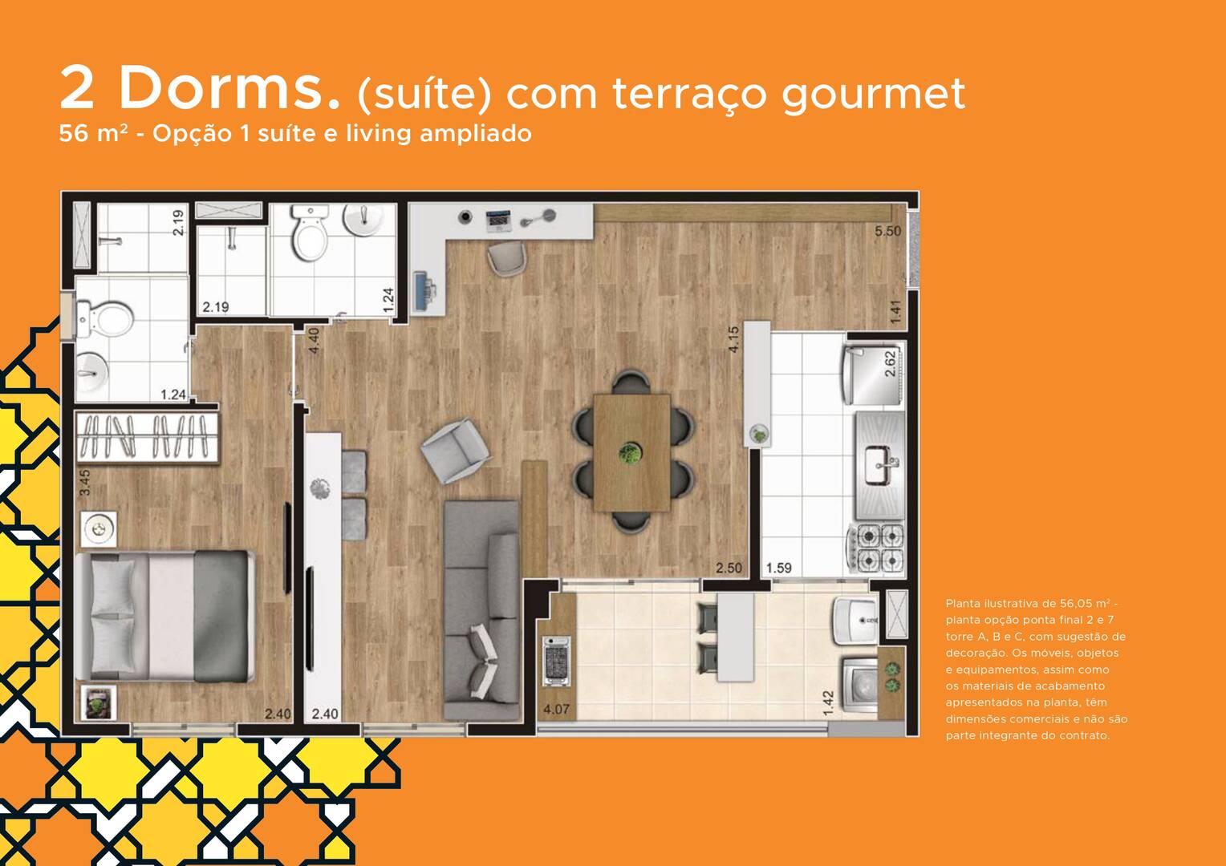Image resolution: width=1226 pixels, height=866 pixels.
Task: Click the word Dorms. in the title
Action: [229, 87]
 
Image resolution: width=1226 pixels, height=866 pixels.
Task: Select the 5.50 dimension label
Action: [887, 232]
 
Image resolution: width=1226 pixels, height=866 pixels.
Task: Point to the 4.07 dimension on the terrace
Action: [556, 709]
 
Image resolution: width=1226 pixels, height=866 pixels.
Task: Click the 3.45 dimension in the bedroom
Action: [85, 483]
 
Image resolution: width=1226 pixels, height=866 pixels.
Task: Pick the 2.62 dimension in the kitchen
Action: [891, 364]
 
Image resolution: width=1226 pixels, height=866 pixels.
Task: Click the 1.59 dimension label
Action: [779, 568]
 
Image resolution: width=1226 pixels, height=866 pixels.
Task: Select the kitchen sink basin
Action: [881, 465]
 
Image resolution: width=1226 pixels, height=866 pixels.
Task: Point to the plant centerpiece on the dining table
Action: [630, 453]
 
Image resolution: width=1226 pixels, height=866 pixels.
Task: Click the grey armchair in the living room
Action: [455, 450]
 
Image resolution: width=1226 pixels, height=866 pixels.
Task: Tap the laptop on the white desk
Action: [498, 221]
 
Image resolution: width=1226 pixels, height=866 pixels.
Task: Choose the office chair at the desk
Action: [507, 258]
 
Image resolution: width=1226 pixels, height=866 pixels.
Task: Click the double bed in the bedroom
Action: [164, 617]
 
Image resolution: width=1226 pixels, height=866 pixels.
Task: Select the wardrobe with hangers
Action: [147, 437]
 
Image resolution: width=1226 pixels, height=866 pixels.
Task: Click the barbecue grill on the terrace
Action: [557, 661]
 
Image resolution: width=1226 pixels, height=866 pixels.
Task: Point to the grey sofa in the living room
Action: [481, 610]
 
